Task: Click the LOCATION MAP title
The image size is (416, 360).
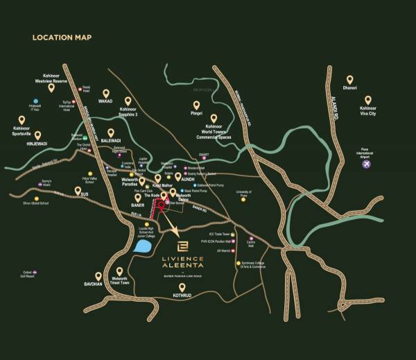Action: pyautogui.click(x=62, y=37)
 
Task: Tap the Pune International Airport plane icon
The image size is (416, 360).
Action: pyautogui.click(x=366, y=164)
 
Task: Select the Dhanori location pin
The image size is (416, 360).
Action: pyautogui.click(x=350, y=80)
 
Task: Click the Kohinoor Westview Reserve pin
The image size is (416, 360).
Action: pyautogui.click(x=51, y=87)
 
